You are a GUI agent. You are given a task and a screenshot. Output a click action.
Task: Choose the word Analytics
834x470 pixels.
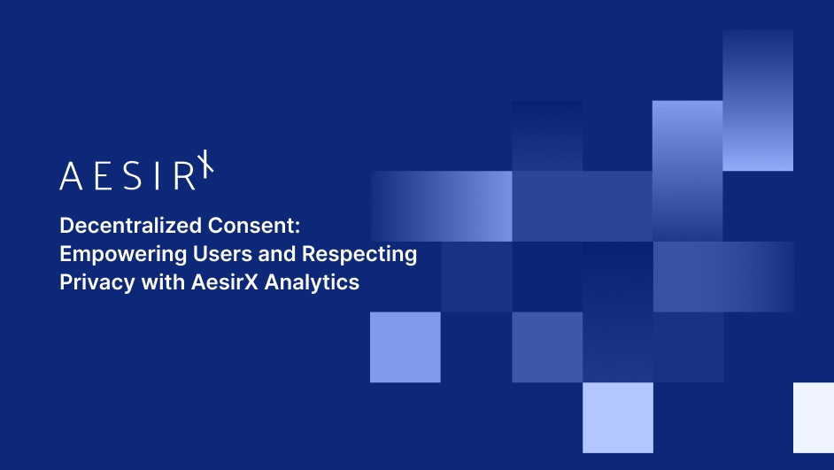[x=316, y=283]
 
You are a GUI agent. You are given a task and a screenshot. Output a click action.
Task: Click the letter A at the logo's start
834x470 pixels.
[x=70, y=176]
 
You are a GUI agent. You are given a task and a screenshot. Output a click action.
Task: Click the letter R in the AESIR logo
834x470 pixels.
[x=183, y=176]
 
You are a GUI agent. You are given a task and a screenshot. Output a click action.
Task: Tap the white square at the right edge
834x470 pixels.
[x=814, y=417]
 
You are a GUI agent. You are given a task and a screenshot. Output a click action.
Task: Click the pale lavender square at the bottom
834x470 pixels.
[x=618, y=417]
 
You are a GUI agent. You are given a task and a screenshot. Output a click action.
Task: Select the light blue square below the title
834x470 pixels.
[x=405, y=347]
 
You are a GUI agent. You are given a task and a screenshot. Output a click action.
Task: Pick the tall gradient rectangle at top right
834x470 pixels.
[x=758, y=100]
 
